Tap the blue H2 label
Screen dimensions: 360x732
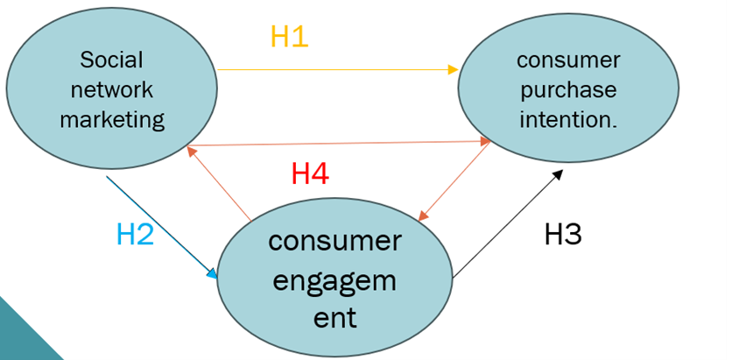coord(135,234)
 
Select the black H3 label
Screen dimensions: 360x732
coord(563,234)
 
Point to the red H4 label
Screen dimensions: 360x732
coord(309,173)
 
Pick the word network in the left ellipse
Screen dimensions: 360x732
coord(111,89)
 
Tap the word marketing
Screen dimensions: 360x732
coord(111,119)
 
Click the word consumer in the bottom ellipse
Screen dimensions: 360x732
coord(335,241)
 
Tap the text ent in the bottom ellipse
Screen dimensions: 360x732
coord(335,317)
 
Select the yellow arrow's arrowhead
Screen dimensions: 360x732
coord(454,69)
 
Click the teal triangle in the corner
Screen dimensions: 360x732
coord(22,337)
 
